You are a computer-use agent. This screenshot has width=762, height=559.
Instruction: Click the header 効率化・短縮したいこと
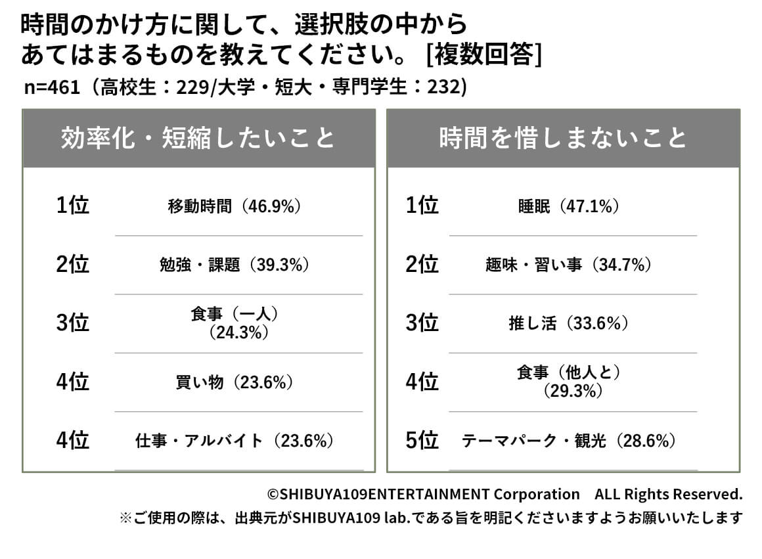point(198,138)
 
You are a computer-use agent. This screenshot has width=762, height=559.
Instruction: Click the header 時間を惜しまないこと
point(563,138)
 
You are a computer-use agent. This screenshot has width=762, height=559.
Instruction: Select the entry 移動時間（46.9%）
point(235,206)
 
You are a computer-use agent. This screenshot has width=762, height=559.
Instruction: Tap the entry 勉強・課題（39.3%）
point(235,265)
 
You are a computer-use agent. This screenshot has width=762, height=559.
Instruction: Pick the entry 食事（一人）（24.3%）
point(235,323)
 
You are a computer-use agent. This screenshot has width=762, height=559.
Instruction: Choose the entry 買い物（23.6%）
point(235,382)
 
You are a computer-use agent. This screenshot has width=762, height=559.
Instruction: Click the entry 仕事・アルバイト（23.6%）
point(235,441)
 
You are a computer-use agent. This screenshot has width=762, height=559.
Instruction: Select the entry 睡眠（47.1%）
point(569,206)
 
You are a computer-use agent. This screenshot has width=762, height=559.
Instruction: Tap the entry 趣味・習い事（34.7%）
point(569,265)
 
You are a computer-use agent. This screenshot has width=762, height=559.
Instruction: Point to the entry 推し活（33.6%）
point(569,323)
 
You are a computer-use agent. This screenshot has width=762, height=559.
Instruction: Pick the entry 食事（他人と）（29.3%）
point(569,382)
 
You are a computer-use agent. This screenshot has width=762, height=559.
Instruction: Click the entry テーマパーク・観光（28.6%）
point(569,441)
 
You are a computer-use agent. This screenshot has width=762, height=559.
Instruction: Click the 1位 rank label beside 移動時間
point(72,206)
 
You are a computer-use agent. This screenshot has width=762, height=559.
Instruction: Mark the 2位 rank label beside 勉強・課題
point(72,265)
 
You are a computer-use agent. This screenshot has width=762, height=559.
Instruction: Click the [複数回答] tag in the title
point(483,55)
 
